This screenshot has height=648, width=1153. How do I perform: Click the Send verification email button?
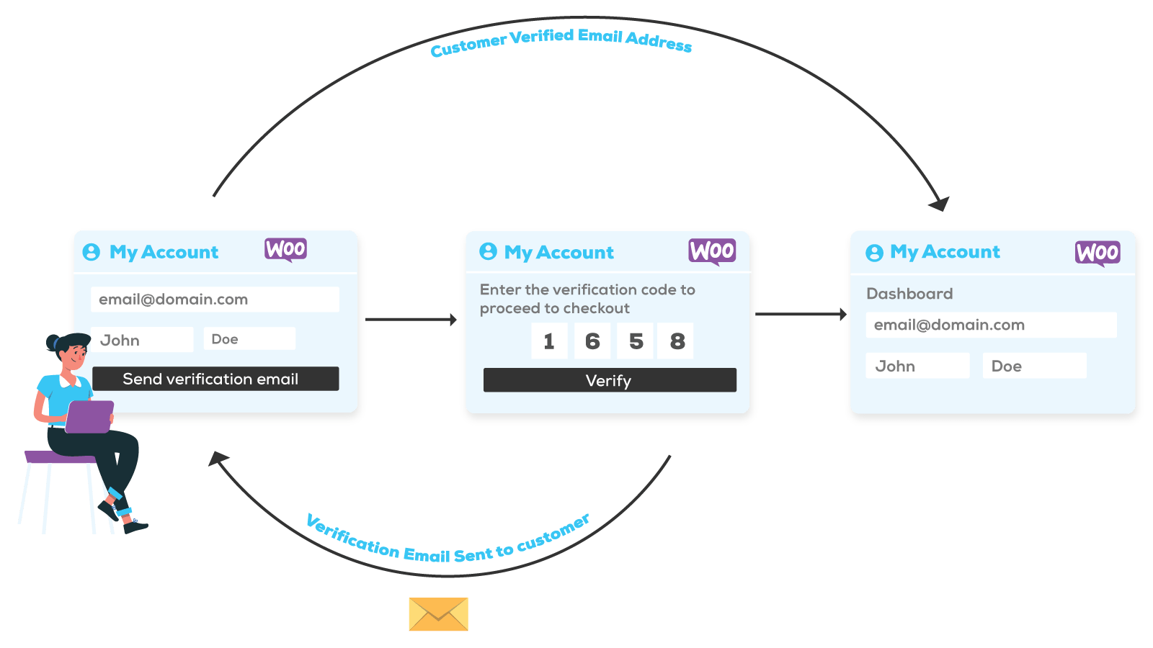coord(215,379)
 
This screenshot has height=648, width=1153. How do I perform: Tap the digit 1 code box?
coord(549,341)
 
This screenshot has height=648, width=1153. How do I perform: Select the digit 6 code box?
coord(592,341)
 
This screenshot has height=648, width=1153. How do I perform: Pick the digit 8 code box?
coord(676,341)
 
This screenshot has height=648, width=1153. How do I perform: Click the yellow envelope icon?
coord(438,614)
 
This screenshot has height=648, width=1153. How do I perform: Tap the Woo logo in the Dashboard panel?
coord(1098,253)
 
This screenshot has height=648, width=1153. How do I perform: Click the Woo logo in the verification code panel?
coord(712,251)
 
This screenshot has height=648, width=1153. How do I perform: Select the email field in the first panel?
coord(215,300)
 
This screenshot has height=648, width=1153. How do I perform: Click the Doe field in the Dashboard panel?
coord(1034,366)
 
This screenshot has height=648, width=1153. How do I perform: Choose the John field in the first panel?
coord(142,340)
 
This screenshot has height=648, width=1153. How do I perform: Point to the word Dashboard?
coord(909,294)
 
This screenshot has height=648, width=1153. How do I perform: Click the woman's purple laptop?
coord(90,416)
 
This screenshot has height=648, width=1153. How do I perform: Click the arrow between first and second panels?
coord(411,319)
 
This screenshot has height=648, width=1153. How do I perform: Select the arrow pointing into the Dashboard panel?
coord(801,314)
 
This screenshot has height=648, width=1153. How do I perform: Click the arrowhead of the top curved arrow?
coord(940,204)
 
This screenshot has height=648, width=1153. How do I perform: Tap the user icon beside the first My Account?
coord(92,252)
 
